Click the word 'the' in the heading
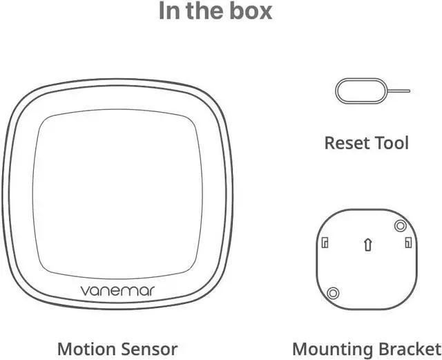205,11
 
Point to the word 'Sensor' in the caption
149,349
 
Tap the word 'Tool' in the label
392,143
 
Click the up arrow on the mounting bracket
368,244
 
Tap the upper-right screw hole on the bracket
398,225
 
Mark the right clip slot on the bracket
408,243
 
